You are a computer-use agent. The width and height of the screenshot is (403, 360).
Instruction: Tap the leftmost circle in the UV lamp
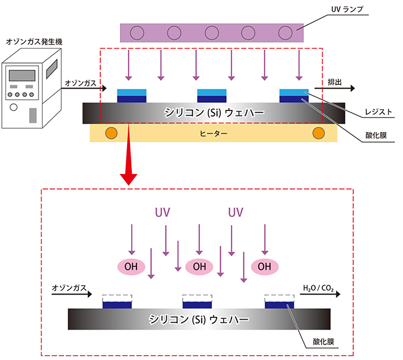click(x=137, y=33)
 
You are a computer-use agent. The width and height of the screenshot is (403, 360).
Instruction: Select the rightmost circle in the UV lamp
click(x=285, y=33)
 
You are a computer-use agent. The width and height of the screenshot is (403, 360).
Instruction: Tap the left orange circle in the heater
click(x=110, y=132)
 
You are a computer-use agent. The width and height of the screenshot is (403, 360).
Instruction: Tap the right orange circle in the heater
click(x=319, y=132)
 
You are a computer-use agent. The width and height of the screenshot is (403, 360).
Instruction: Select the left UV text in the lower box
click(x=163, y=213)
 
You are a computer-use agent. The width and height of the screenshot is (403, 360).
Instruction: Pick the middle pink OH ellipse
click(x=199, y=266)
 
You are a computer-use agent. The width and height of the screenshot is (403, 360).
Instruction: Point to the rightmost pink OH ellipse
click(x=265, y=266)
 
